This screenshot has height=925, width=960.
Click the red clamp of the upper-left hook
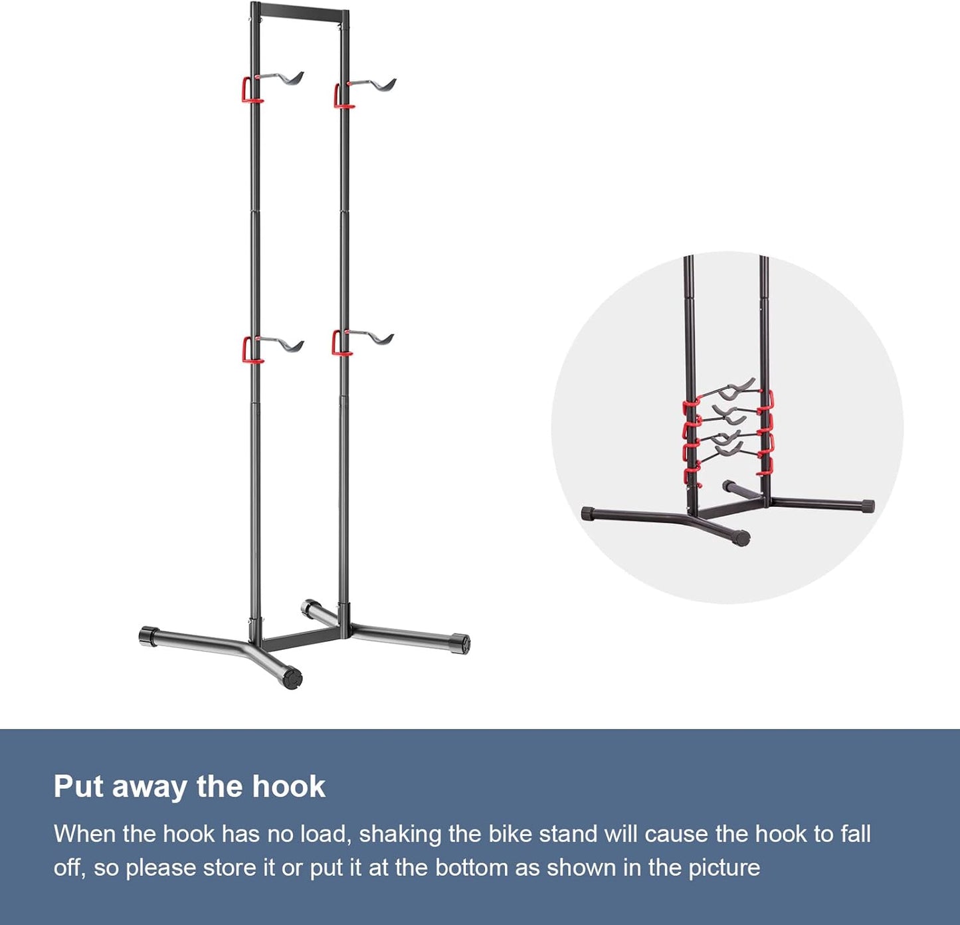pyautogui.click(x=248, y=90)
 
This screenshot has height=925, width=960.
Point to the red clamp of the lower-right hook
pyautogui.click(x=339, y=344)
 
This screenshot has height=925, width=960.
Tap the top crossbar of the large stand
pyautogui.click(x=300, y=11)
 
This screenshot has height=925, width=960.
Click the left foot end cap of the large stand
pyautogui.click(x=148, y=636)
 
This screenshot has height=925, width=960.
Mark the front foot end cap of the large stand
pyautogui.click(x=292, y=678)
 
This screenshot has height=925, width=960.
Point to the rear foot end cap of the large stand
pyautogui.click(x=308, y=607)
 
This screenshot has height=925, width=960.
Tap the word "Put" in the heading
pyautogui.click(x=78, y=787)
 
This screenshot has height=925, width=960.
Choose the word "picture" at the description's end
pyautogui.click(x=723, y=868)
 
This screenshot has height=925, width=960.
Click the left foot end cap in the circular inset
pyautogui.click(x=588, y=514)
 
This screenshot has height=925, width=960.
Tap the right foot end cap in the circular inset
pyautogui.click(x=867, y=506)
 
